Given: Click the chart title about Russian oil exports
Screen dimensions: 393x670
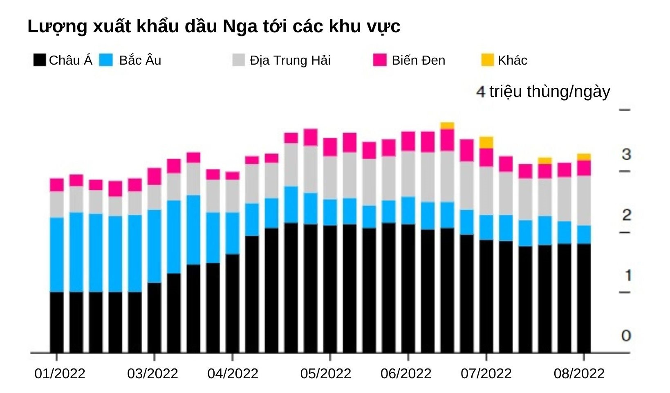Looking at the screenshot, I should point(213,26).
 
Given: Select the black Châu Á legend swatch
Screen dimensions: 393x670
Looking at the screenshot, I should point(40,60).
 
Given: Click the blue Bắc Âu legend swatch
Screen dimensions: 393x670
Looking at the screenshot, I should point(106,60).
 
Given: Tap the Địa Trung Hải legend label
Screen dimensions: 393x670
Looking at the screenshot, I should point(290,61).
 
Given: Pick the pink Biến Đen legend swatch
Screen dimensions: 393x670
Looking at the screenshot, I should point(380,60).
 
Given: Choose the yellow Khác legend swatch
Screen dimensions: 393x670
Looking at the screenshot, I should point(487,60).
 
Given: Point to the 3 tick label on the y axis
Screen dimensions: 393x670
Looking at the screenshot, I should point(626,155).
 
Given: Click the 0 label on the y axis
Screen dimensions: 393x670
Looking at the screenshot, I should point(626,336).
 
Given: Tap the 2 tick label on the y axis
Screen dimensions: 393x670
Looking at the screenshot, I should point(626,215).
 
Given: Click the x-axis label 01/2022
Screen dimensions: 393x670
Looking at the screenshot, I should point(60,374).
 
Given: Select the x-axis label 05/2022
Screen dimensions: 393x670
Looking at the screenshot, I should point(325,374).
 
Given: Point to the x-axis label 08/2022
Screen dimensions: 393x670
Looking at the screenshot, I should point(579,374).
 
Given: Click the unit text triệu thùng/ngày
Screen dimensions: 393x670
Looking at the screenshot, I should point(549,92).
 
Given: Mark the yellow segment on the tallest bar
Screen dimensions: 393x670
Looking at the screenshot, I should point(447,126).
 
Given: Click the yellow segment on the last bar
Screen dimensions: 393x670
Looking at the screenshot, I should point(584,157).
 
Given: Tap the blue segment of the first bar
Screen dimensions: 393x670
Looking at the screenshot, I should point(57,254).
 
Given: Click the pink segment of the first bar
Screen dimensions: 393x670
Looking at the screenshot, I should point(57,185).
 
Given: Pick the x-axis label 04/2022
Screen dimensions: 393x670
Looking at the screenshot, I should point(233,374).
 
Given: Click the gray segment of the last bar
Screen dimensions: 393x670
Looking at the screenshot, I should point(584,200).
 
